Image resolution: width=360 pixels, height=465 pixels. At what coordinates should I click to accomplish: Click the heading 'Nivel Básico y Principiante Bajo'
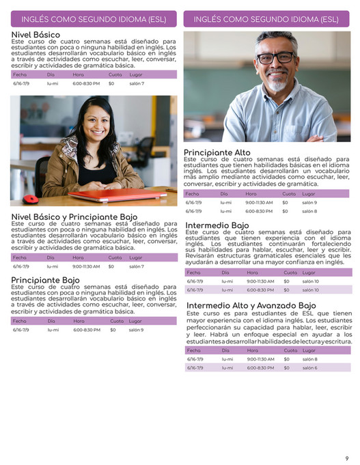74,217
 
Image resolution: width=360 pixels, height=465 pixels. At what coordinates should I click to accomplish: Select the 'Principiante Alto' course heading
217,153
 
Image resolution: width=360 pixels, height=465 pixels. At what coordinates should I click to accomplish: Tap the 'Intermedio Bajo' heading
217,225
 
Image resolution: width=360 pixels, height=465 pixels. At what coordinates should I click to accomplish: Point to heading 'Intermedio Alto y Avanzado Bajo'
251,305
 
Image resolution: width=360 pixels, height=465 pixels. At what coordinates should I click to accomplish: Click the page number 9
347,458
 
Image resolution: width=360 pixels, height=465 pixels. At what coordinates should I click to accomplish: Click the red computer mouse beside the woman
31,199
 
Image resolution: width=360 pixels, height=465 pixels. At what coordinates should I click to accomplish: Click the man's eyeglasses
276,58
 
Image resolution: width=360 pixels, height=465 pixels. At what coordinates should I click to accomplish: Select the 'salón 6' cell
310,367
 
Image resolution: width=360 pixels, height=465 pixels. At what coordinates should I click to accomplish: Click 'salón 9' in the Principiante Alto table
310,202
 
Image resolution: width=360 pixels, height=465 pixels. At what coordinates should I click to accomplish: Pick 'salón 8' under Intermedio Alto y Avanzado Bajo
310,358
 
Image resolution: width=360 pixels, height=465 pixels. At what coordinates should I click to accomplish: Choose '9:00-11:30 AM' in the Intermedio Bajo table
260,281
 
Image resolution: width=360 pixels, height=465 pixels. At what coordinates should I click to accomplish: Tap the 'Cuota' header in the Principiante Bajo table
116,321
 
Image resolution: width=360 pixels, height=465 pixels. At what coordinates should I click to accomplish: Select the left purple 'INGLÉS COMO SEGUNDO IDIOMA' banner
94,19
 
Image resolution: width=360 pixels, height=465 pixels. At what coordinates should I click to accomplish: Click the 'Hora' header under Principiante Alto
251,193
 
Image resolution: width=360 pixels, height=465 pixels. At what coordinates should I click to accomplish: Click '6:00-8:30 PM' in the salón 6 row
260,367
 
